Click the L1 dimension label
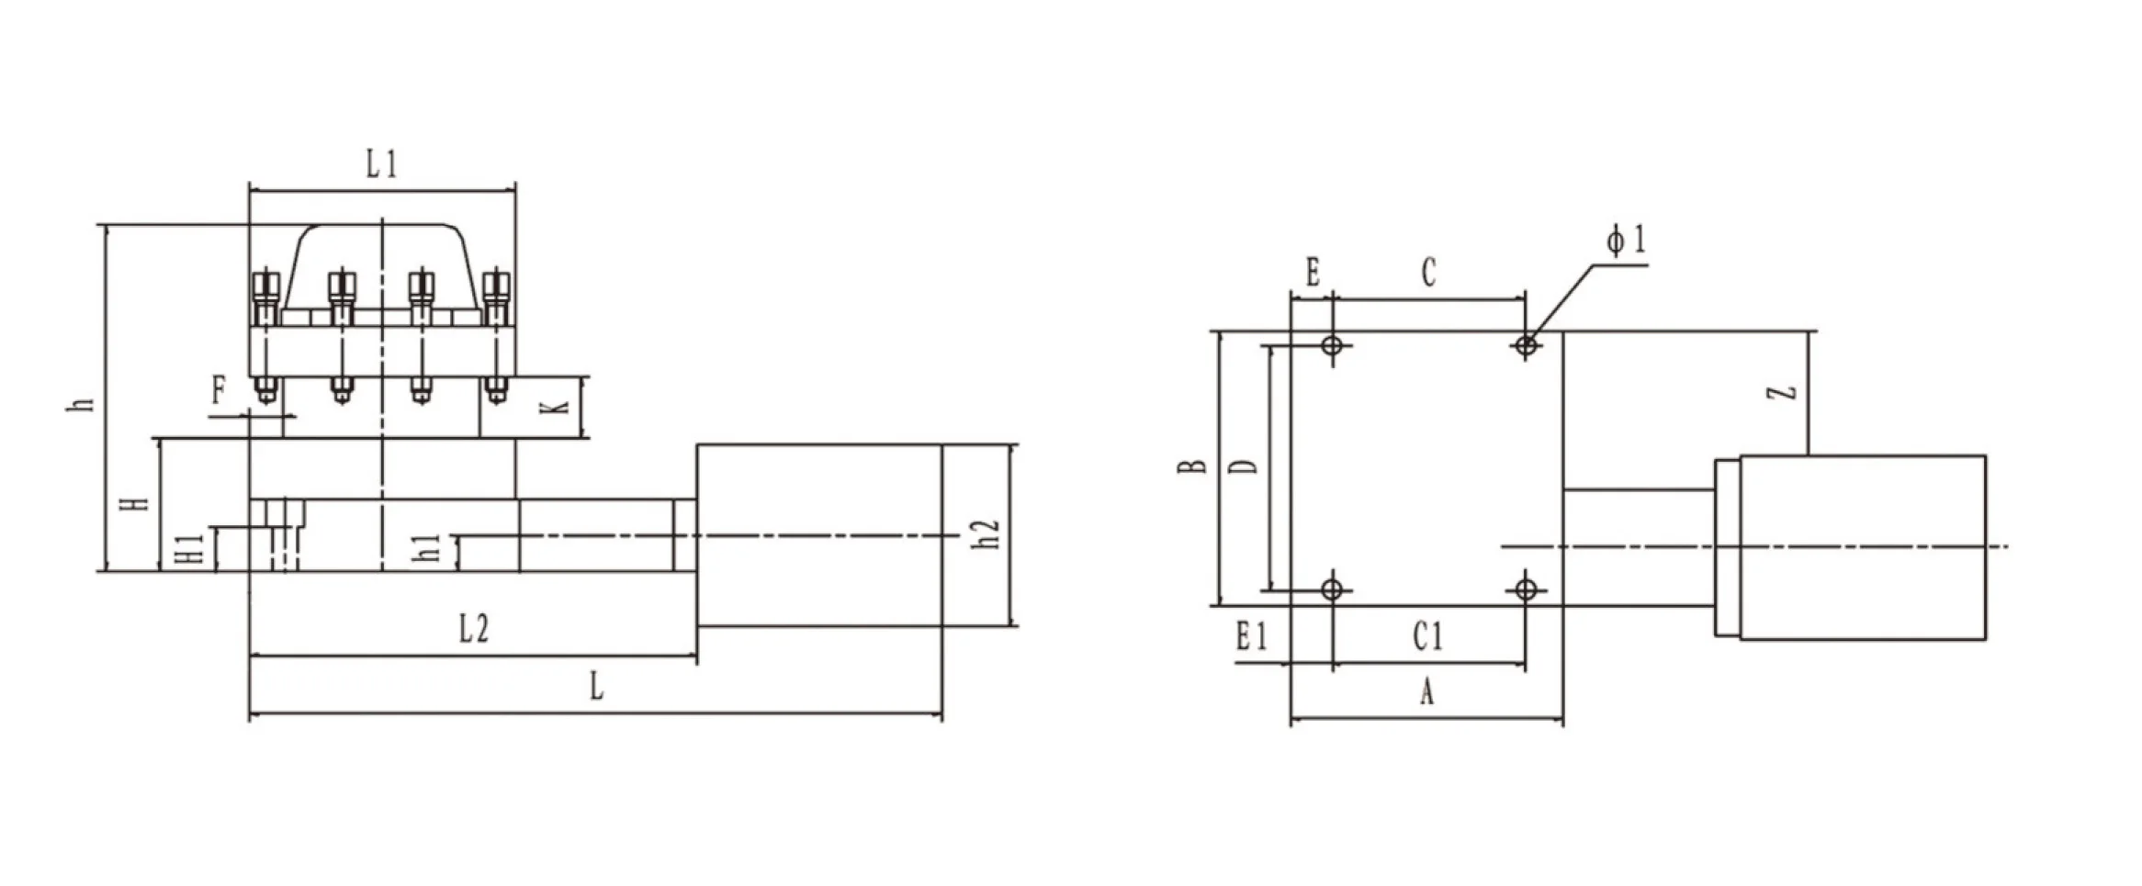[x=381, y=166]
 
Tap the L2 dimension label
[x=474, y=630]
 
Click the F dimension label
[x=219, y=391]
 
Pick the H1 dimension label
[x=189, y=550]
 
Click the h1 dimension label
[x=427, y=548]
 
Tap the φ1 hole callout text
[x=1627, y=241]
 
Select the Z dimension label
[x=1782, y=393]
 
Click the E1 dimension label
[x=1251, y=636]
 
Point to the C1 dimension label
[x=1427, y=636]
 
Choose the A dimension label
[x=1426, y=692]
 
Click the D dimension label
[x=1245, y=466]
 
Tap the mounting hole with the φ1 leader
[x=1526, y=346]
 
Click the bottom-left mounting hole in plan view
[x=1333, y=589]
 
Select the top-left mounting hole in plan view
[x=1333, y=346]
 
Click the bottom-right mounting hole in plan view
[x=1526, y=589]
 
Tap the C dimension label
[x=1428, y=274]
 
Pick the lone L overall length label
[x=596, y=686]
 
